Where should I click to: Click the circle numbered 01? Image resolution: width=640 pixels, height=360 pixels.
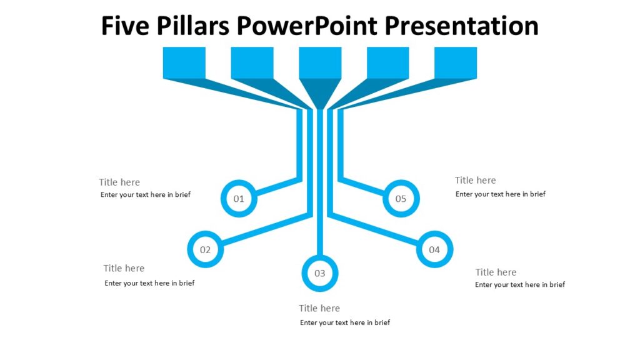click(239, 199)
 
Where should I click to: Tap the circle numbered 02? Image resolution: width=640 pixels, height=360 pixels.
click(205, 249)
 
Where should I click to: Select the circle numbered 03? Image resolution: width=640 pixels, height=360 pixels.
click(319, 273)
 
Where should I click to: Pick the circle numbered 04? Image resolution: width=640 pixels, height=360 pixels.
click(434, 249)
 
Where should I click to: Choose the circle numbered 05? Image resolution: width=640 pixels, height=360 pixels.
click(401, 199)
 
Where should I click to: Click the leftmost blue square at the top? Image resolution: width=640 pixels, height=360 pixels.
click(184, 62)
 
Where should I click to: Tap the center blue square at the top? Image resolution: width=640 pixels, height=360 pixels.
click(320, 62)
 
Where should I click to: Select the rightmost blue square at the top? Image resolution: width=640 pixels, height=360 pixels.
click(456, 62)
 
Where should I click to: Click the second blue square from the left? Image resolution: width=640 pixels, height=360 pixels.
click(252, 62)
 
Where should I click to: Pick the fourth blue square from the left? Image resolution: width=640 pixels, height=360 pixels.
click(387, 62)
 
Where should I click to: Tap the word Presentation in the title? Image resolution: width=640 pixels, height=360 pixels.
click(461, 26)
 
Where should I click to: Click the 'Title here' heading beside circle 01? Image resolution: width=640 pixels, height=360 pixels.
click(119, 182)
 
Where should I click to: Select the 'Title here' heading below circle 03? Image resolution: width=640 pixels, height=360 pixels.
click(319, 308)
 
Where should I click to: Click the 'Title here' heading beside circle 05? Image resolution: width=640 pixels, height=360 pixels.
click(475, 180)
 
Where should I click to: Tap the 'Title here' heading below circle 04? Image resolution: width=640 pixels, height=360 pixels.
click(496, 272)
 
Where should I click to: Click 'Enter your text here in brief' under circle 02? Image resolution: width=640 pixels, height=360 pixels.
click(149, 283)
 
